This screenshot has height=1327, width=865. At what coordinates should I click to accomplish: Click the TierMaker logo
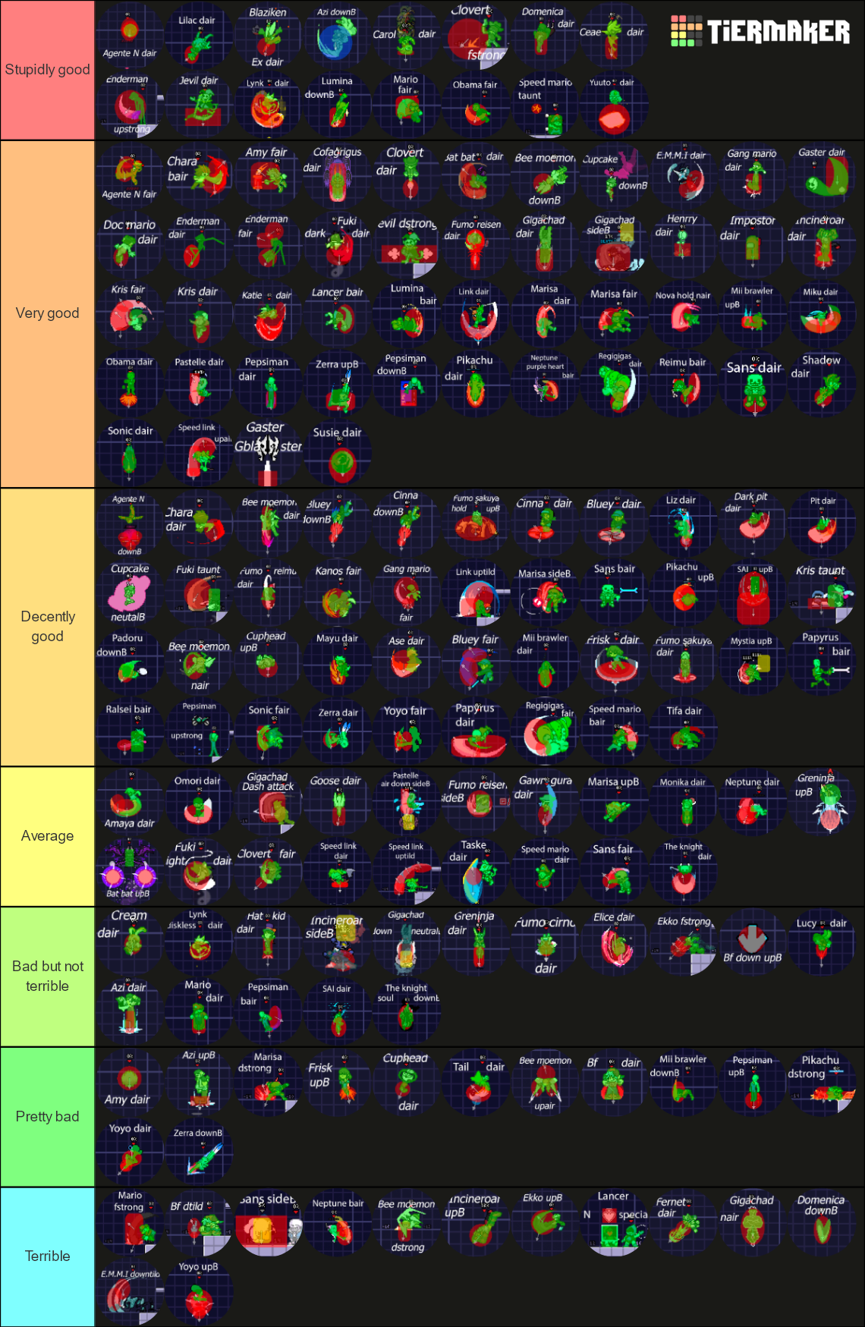click(760, 31)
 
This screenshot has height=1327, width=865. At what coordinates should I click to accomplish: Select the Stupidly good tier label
click(47, 70)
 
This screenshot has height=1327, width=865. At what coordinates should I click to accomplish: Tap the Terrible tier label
click(47, 1256)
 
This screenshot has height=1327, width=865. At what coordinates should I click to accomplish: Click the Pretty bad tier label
click(47, 1117)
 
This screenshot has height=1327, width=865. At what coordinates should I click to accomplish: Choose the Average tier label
click(47, 836)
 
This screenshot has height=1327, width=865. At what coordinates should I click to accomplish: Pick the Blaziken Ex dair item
click(268, 36)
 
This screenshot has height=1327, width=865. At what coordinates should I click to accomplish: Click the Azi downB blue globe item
click(336, 36)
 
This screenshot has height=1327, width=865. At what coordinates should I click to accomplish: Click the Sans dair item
click(753, 384)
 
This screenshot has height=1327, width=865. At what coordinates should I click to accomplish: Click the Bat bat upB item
click(130, 871)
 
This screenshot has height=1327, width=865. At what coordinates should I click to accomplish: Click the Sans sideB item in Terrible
click(268, 1222)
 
